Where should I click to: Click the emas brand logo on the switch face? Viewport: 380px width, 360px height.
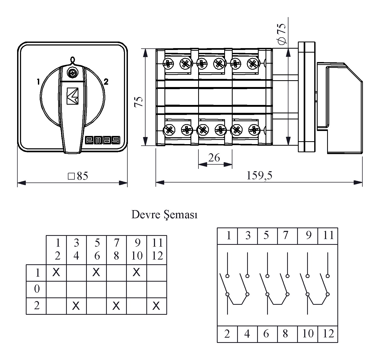click(x=102, y=140)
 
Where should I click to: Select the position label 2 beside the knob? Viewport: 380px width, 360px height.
click(x=106, y=82)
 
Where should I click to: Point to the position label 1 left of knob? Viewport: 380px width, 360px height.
click(x=38, y=82)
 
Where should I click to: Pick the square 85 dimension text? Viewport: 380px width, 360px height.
click(x=78, y=176)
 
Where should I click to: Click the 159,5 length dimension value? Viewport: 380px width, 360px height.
click(x=259, y=175)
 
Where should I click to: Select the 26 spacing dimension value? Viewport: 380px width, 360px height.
click(x=214, y=158)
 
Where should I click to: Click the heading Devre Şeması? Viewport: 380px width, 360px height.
click(x=164, y=215)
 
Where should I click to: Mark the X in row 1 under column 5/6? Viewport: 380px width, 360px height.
click(x=96, y=272)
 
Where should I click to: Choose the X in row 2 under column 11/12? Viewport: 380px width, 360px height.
click(x=156, y=306)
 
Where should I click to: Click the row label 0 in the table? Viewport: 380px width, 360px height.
click(x=37, y=289)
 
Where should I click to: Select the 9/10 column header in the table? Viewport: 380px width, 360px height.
click(x=136, y=250)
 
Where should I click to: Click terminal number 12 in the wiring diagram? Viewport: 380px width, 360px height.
click(x=328, y=334)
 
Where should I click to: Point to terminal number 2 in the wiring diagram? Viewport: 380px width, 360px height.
click(x=227, y=334)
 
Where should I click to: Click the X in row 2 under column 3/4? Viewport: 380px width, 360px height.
click(x=76, y=306)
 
